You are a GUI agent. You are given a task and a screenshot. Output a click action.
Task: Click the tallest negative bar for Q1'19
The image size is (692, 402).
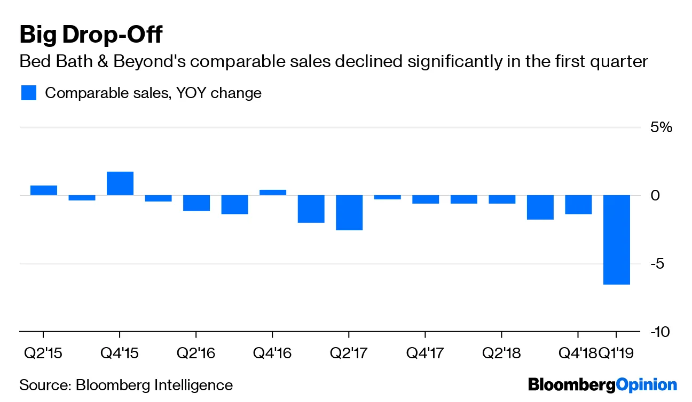(x=616, y=239)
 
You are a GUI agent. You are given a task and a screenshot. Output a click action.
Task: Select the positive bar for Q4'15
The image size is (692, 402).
(x=120, y=183)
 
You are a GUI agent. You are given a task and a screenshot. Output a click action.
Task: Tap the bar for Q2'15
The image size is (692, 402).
(x=43, y=190)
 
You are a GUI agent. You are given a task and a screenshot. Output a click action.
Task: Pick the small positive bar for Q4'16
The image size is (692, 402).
(x=272, y=192)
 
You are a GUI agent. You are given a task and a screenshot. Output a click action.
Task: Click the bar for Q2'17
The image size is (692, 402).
(x=349, y=212)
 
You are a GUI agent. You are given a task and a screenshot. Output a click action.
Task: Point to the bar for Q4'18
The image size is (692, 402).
(x=578, y=205)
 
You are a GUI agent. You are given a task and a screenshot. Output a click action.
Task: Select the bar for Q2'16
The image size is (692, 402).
(x=196, y=203)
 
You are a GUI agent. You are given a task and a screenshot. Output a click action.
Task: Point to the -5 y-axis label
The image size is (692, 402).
(x=658, y=264)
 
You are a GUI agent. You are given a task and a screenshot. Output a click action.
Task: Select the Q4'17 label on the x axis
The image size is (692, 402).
(x=424, y=352)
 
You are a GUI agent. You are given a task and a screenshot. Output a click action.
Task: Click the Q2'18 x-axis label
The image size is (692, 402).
(x=501, y=352)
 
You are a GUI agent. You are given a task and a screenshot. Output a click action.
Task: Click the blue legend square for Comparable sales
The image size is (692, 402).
(x=28, y=93)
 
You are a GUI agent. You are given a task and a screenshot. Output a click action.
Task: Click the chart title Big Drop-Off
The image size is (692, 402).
(x=91, y=35)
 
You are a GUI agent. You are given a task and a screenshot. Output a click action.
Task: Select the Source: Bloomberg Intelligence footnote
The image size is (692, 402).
(x=126, y=385)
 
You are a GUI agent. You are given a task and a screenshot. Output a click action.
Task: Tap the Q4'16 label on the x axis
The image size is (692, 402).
(x=272, y=352)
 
